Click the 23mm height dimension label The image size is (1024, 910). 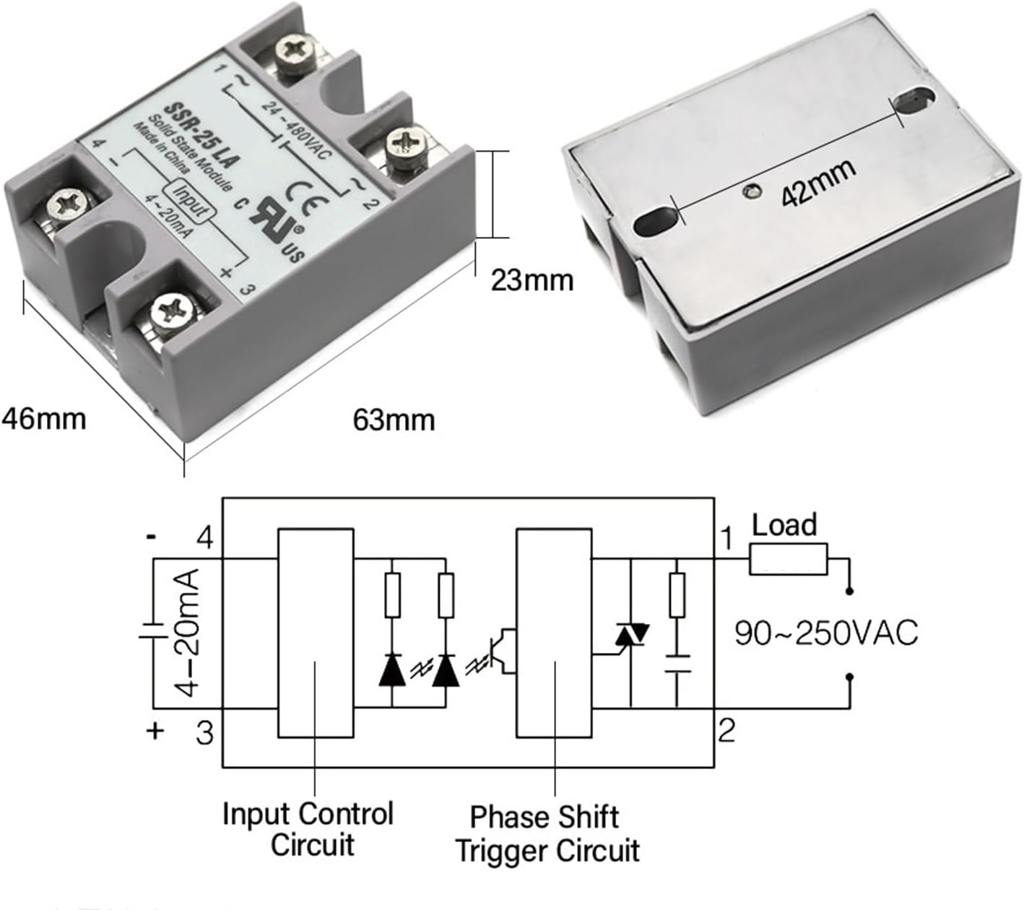point(532,279)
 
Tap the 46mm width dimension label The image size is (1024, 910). point(43,418)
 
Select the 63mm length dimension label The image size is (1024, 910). point(394,420)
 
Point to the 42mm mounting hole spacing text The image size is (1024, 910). point(819,183)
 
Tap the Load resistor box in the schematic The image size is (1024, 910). point(788,560)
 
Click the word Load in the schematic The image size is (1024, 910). point(784,525)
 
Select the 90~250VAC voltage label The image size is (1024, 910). point(826,633)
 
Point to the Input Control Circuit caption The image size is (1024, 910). point(308,829)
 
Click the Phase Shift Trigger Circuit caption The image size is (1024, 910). point(547,834)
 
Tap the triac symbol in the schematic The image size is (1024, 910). point(631,636)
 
